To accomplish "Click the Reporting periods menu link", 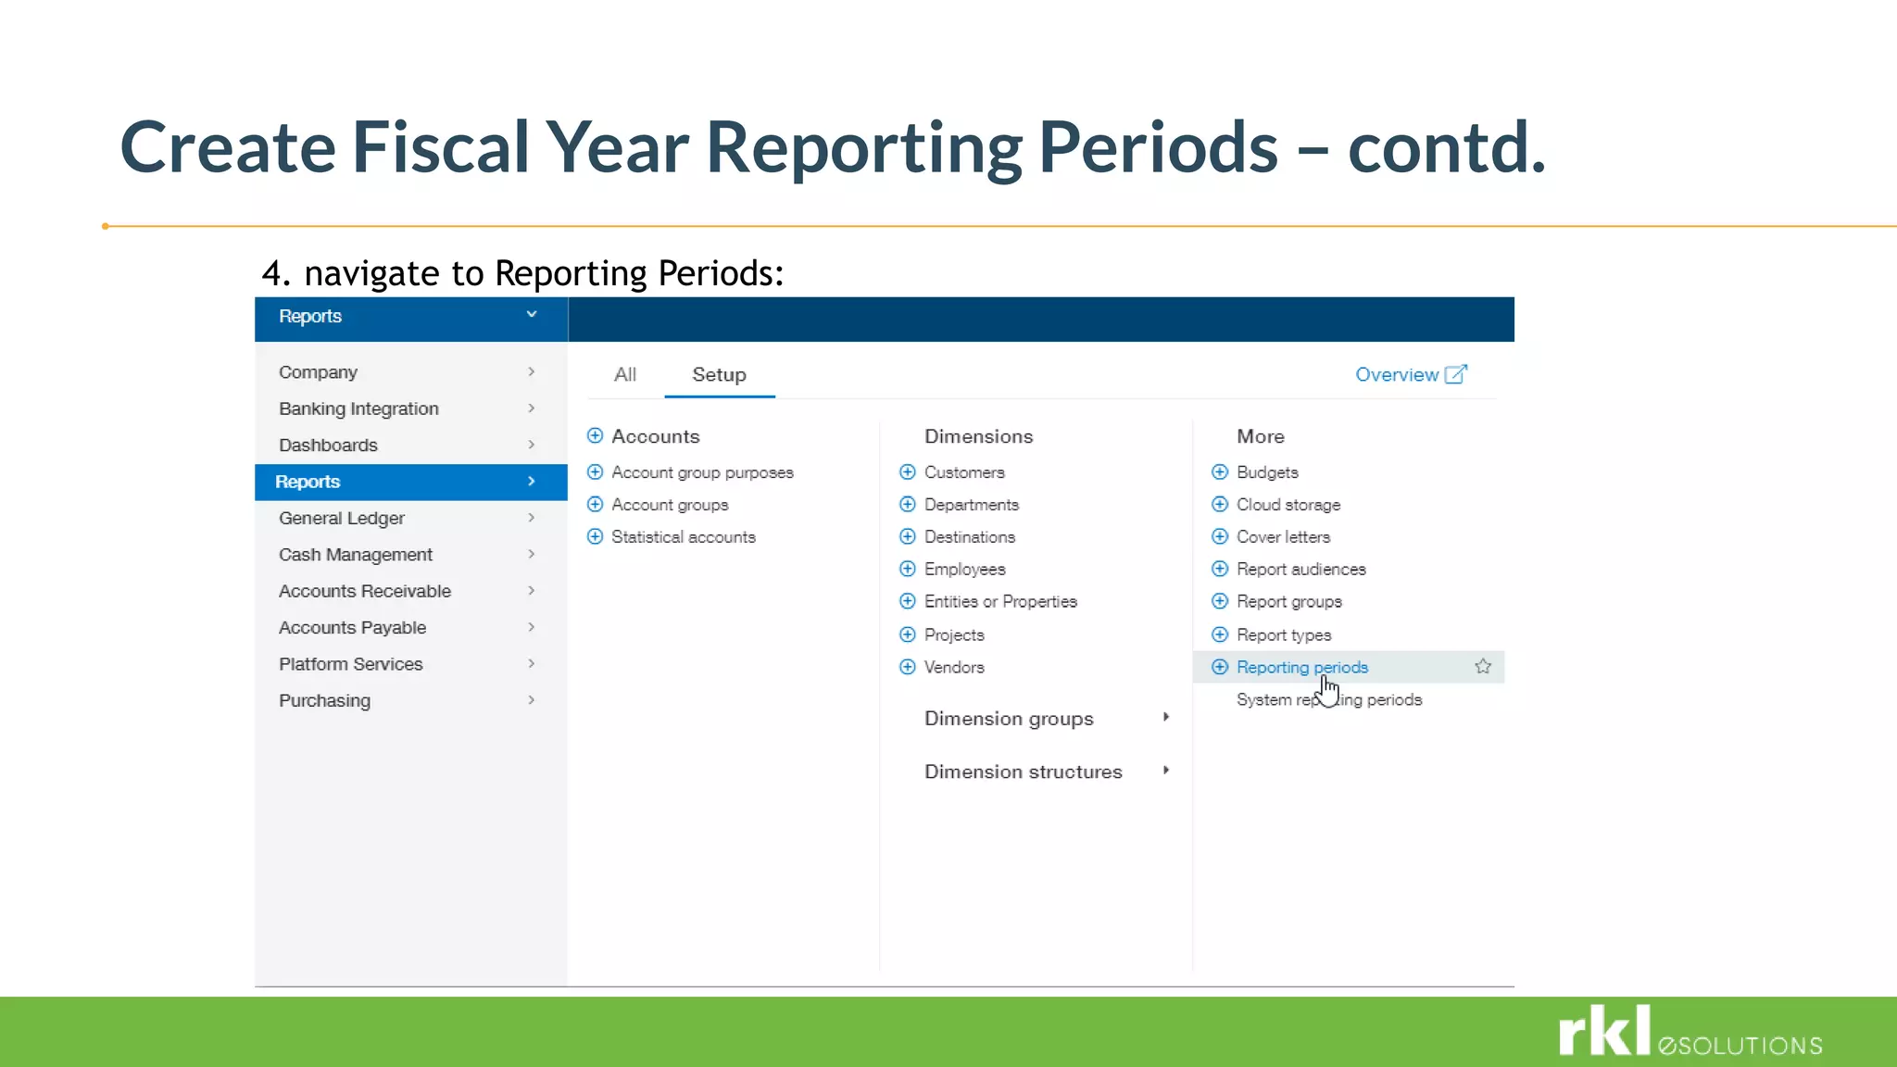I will [1301, 667].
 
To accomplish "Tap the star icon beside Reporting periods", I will [1482, 666].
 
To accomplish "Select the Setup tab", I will [719, 374].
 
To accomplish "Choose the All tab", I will [625, 374].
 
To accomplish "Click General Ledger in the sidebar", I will [342, 518].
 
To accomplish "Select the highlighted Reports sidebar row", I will [410, 482].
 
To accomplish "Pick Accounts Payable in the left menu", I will [352, 627].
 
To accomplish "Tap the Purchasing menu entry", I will [324, 700].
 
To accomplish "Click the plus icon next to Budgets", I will [1220, 471].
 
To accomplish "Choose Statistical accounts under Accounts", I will [683, 537].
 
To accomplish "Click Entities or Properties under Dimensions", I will [1000, 601].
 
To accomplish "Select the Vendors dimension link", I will [954, 667].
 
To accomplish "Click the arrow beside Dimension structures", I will [1166, 771].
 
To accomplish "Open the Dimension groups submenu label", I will [1009, 719].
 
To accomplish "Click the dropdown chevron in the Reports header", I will [532, 315].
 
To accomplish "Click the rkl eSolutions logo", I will [1690, 1032].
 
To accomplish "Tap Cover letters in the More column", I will [1283, 537].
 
